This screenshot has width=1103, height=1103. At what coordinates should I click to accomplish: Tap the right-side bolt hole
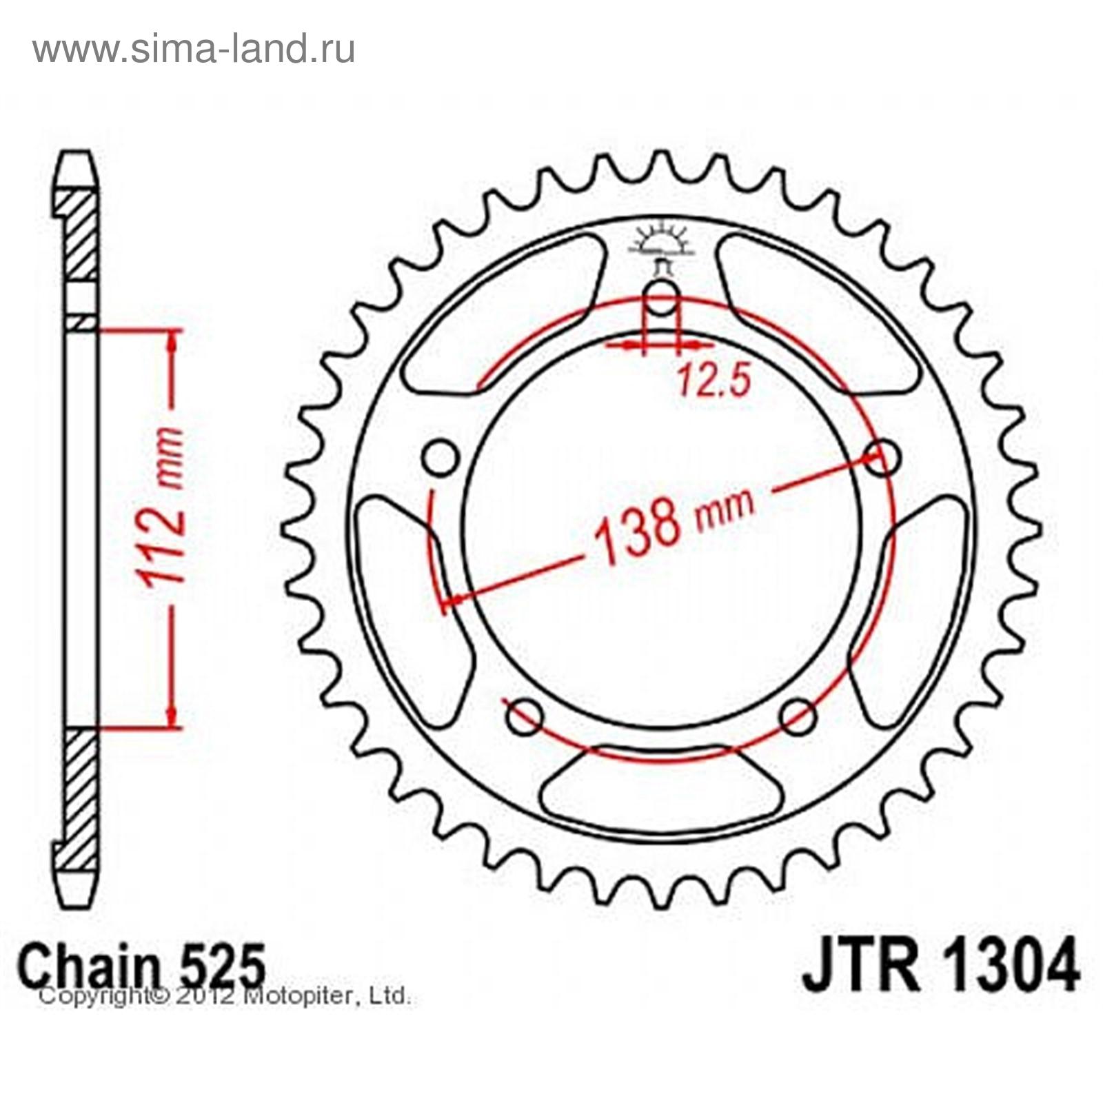pyautogui.click(x=882, y=458)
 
